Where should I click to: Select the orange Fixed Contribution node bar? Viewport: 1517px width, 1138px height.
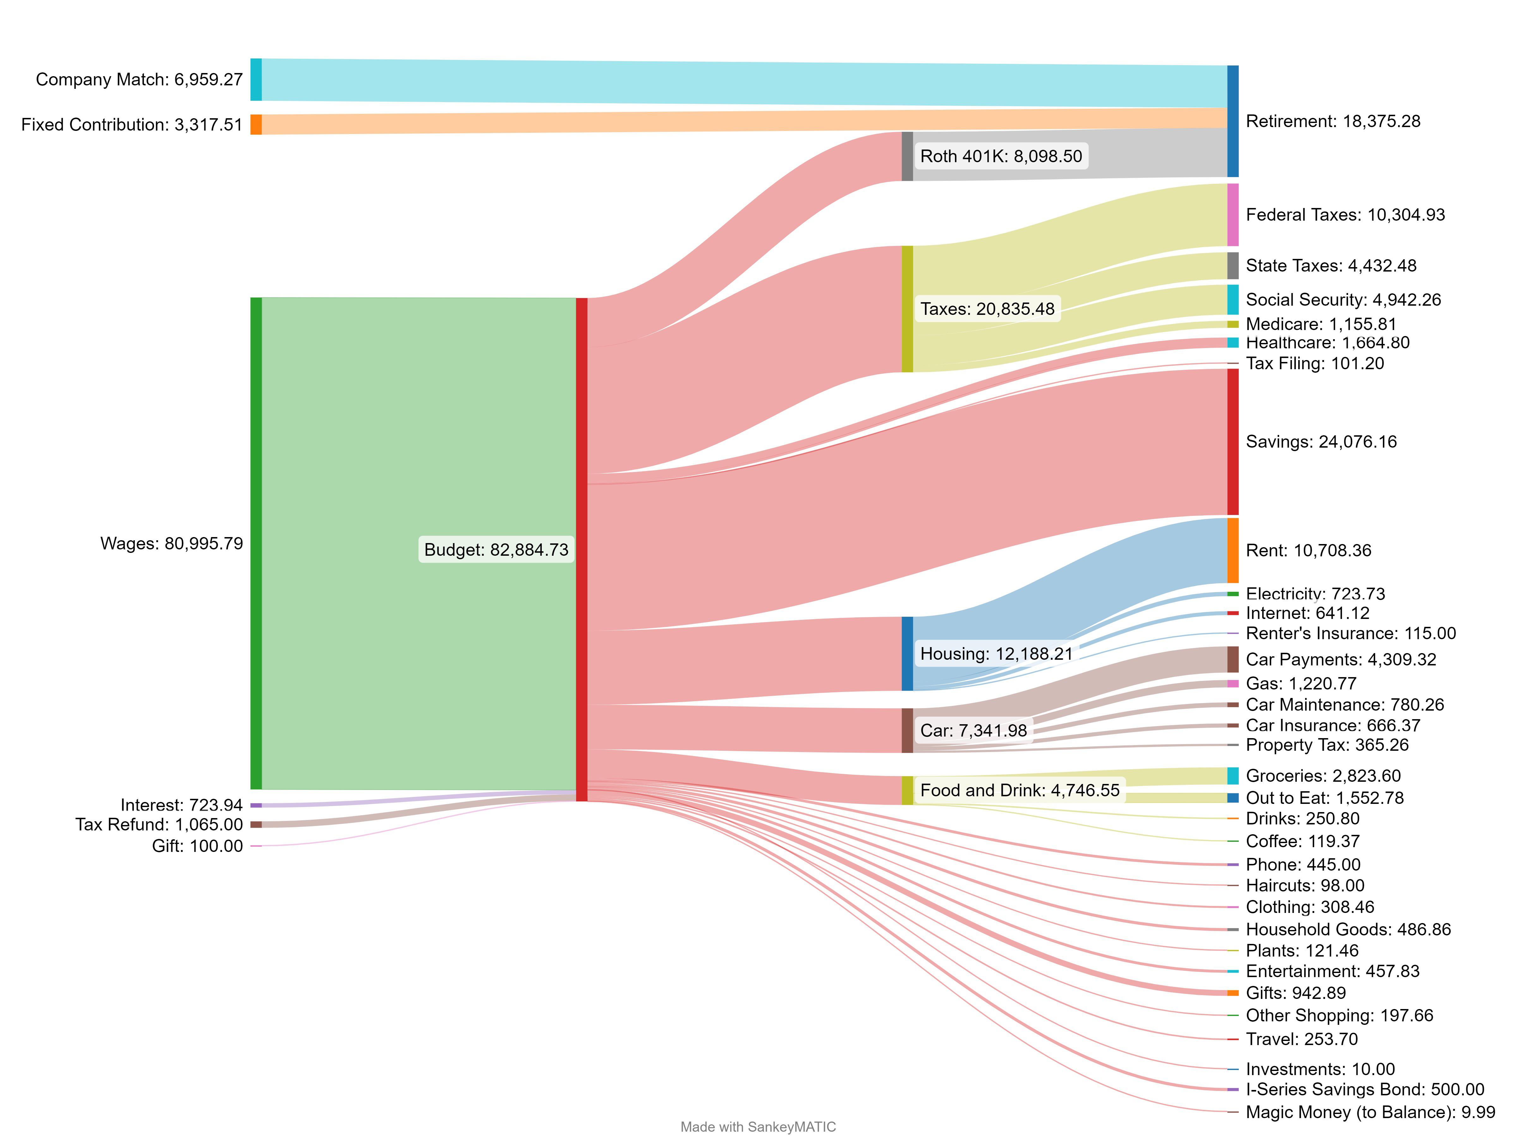256,124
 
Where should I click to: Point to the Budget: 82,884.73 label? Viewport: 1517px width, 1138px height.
496,549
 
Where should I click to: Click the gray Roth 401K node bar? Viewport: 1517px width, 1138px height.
907,156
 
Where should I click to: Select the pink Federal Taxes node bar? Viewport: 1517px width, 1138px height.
1232,215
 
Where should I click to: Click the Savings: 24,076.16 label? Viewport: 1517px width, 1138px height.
1321,442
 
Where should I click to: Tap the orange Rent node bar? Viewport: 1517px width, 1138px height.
1232,550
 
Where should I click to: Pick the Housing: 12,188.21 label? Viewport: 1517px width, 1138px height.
996,654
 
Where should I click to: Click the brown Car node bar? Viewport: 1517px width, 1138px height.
907,731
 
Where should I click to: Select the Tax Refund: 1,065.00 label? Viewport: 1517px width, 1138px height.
159,824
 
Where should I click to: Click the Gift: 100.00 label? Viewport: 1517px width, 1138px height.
198,846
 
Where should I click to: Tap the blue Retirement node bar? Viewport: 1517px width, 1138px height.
1232,121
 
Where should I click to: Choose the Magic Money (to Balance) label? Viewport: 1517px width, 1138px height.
1369,1112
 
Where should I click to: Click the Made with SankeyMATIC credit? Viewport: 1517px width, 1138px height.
758,1127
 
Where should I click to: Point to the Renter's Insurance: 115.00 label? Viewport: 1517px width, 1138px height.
1350,633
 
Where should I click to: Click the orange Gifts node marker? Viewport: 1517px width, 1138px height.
1232,993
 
